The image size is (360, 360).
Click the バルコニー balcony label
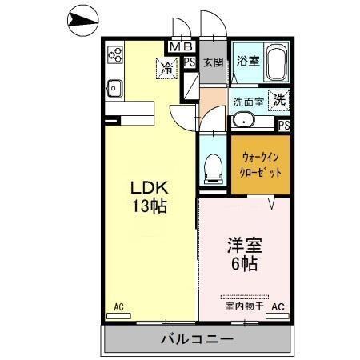196,339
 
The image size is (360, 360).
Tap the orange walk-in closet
260,164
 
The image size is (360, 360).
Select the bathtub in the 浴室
276,62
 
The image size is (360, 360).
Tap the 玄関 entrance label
212,62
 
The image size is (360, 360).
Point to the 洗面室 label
248,102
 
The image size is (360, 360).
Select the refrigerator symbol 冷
167,69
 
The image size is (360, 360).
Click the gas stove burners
114,56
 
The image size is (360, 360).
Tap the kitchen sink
114,87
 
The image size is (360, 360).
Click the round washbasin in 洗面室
243,122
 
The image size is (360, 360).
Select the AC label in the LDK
118,307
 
